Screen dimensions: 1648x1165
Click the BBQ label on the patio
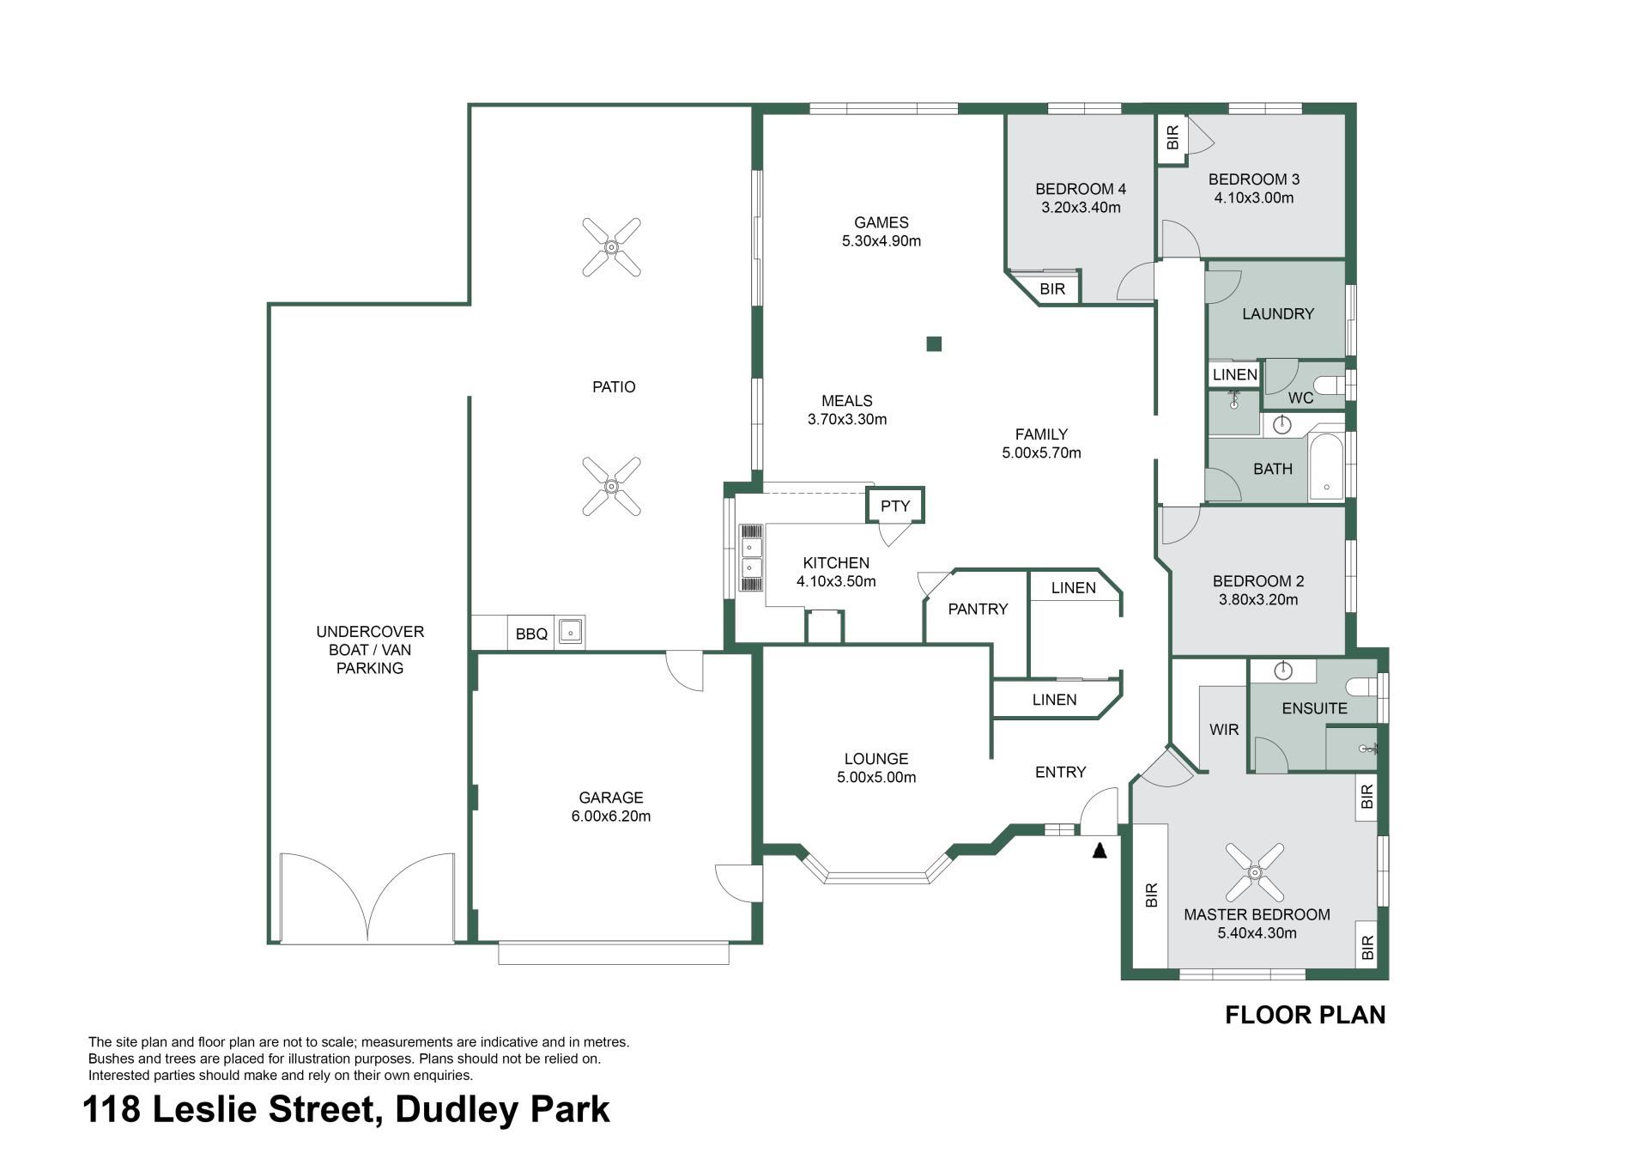pos(531,634)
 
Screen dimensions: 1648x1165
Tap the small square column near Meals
pos(934,343)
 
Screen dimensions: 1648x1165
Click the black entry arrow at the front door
pos(1099,850)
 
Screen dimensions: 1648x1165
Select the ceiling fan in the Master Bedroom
pos(1254,872)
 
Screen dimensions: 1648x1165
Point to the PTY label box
pos(895,506)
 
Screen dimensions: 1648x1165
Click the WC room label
pos(1300,397)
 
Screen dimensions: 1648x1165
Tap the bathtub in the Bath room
pos(1327,468)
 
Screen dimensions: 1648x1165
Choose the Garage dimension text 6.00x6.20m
pos(610,816)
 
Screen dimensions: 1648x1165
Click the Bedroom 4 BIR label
pos(1052,289)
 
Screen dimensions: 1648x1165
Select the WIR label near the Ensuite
pos(1224,730)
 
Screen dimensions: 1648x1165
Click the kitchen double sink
pos(751,558)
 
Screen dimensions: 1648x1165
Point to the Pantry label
pos(978,609)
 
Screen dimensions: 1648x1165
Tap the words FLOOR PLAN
pos(1305,1015)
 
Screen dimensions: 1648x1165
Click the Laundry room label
pos(1278,314)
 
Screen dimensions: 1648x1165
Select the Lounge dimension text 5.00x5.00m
pos(876,777)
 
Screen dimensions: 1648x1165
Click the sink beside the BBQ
pos(570,632)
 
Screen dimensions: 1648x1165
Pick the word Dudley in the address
pos(457,1109)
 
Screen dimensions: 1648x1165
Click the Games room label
pos(882,222)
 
